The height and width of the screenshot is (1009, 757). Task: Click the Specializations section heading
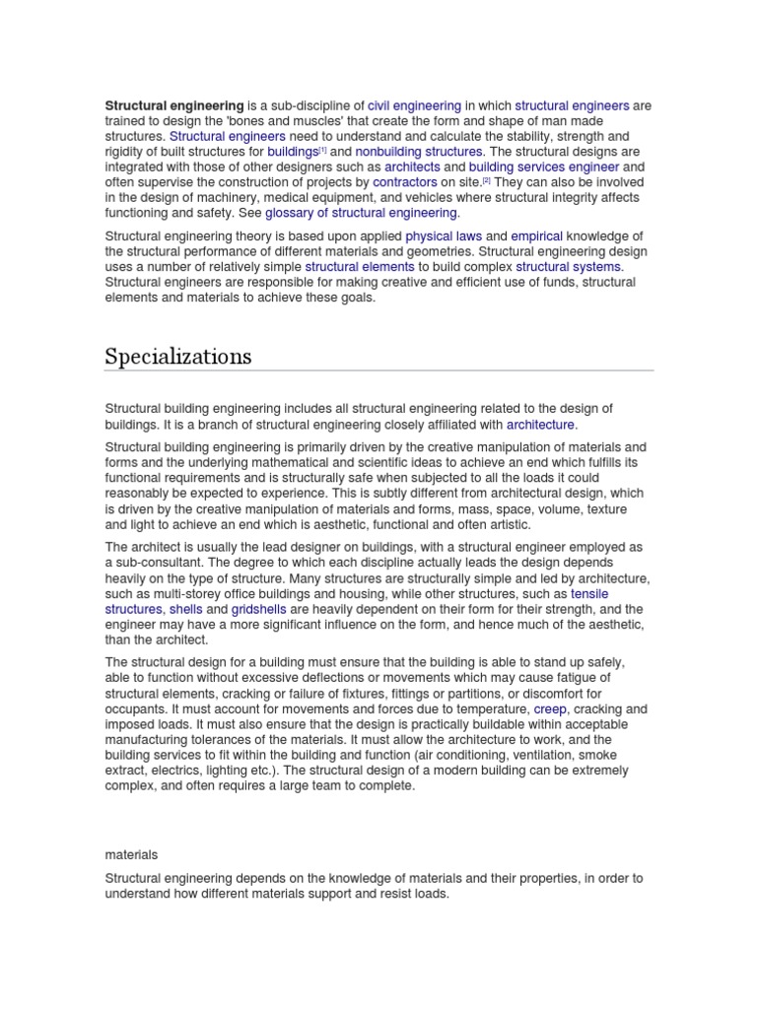pos(177,356)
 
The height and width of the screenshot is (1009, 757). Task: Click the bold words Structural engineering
pos(174,105)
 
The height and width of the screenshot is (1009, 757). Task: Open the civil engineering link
pos(414,105)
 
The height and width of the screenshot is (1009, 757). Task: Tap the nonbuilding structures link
pos(419,152)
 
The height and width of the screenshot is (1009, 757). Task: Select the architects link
pos(412,168)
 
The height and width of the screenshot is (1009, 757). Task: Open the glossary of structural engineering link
pos(361,213)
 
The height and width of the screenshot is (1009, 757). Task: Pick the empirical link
pos(537,235)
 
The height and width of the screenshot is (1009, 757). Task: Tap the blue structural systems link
pos(569,266)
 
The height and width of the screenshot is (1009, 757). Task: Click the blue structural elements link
pos(360,266)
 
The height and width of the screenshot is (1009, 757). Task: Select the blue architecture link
pos(540,424)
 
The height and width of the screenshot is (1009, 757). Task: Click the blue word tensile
pos(590,594)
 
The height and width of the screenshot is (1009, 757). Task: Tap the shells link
pos(185,610)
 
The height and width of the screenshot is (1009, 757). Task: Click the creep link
pos(550,708)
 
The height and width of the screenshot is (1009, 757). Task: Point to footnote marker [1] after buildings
pos(322,150)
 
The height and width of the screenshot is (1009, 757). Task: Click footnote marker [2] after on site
pos(486,180)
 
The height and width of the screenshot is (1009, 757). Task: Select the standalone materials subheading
pos(131,854)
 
